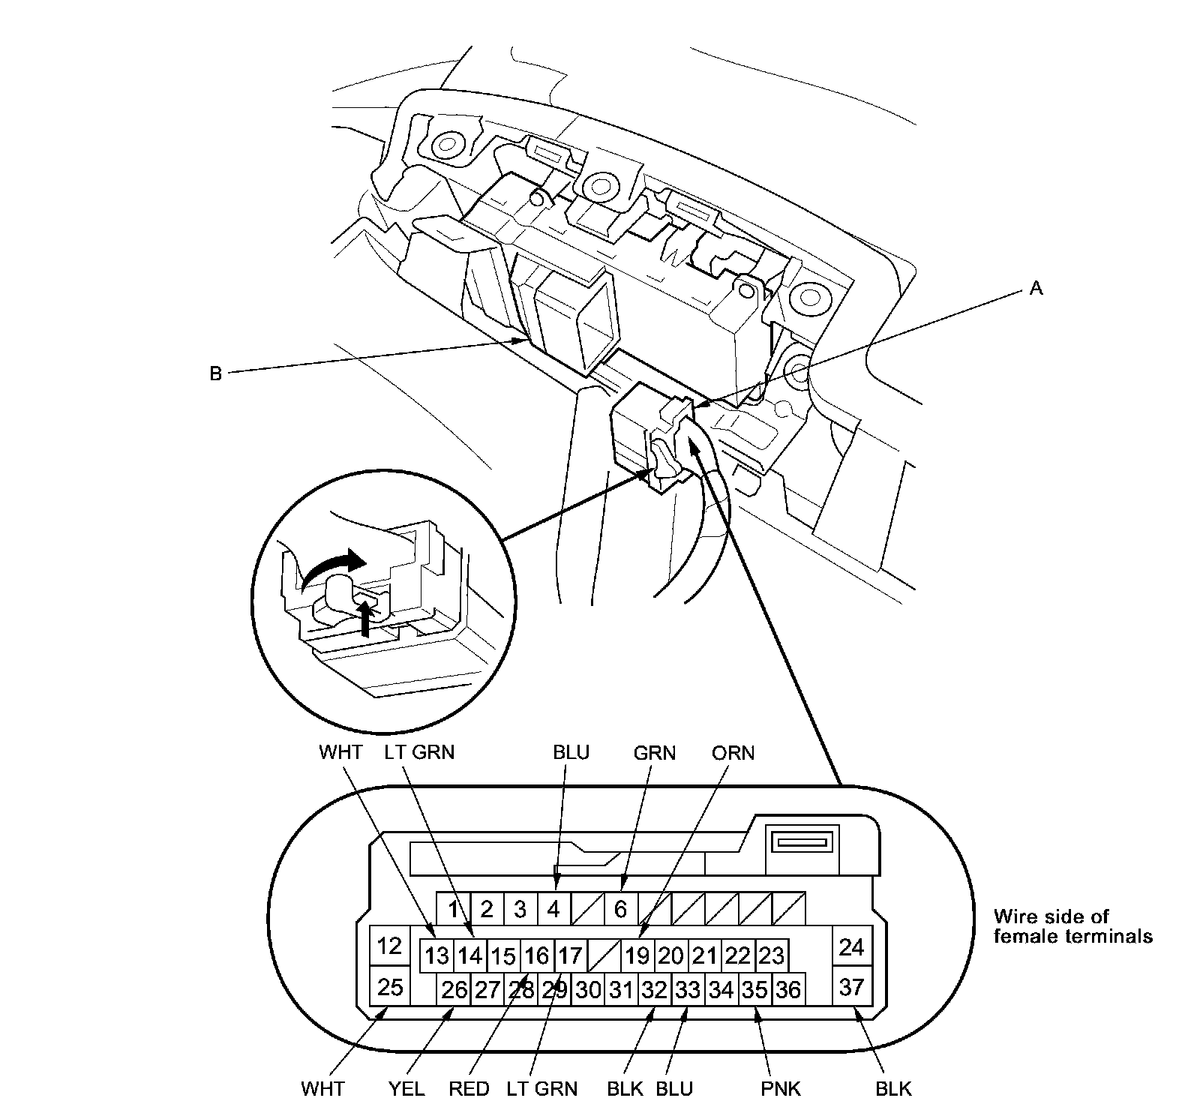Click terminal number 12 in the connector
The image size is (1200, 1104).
[x=389, y=946]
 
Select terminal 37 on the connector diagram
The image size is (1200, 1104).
[x=851, y=986]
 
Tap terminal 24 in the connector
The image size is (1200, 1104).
[x=851, y=947]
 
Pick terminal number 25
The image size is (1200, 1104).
[x=389, y=986]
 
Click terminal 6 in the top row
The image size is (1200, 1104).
[x=620, y=909]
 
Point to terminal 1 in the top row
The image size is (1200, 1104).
[x=453, y=909]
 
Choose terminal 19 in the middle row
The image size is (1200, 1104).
[x=637, y=955]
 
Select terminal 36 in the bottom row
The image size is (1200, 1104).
[x=787, y=990]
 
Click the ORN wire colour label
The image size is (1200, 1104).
[x=733, y=752]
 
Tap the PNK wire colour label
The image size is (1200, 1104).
[x=780, y=1088]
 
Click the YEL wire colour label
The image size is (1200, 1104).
[x=406, y=1088]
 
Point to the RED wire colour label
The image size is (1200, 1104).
[x=469, y=1088]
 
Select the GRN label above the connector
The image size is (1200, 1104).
[x=654, y=752]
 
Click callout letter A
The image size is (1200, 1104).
[x=1036, y=288]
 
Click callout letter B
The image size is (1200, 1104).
[x=215, y=373]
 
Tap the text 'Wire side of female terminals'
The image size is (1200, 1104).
[x=1072, y=925]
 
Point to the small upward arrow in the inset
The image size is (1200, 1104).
[x=365, y=616]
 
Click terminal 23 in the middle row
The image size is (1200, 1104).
[x=771, y=955]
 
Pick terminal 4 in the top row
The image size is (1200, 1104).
[x=553, y=909]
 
